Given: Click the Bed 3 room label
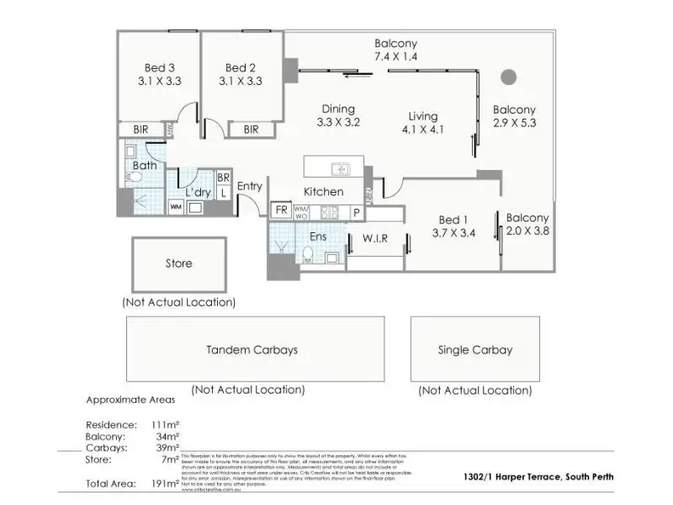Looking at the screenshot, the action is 158,68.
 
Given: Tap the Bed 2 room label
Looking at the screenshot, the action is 240,68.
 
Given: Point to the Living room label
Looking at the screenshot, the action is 423,116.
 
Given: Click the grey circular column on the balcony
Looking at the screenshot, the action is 507,77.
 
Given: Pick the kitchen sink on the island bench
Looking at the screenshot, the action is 341,167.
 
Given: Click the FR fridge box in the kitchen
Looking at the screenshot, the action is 280,209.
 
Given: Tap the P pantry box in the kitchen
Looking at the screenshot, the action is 356,212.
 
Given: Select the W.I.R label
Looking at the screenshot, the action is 374,238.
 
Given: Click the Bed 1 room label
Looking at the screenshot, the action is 449,220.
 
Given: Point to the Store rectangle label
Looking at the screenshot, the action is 178,263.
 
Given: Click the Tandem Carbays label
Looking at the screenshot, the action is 252,349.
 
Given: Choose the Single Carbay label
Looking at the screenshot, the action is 475,349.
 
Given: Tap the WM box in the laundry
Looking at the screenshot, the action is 176,206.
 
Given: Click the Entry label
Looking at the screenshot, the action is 250,186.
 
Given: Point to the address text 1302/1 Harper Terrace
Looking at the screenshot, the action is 538,476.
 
